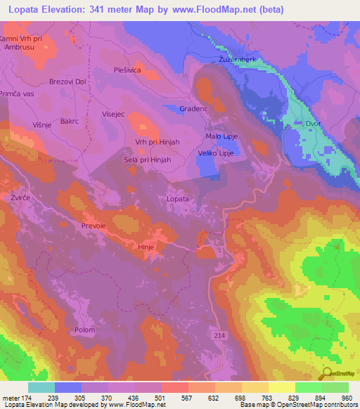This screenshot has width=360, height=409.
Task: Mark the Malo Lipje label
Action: pyautogui.click(x=221, y=136)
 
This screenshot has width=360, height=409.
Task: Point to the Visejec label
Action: pyautogui.click(x=113, y=112)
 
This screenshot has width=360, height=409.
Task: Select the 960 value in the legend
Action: pyautogui.click(x=347, y=396)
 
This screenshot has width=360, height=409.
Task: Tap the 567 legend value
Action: pyautogui.click(x=187, y=396)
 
